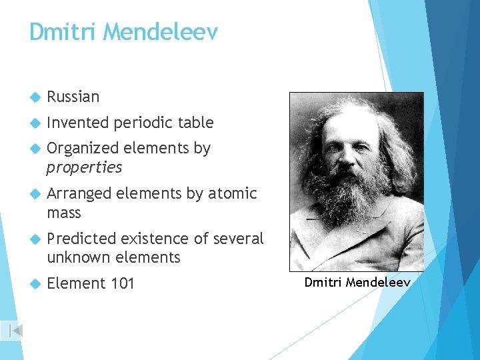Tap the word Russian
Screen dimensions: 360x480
[73, 97]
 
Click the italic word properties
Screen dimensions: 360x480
[84, 167]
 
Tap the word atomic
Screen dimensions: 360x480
[232, 193]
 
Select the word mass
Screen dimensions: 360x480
[64, 213]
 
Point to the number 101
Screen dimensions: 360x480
[123, 283]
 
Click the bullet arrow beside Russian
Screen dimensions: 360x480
[36, 97]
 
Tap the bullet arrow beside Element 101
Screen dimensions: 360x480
[36, 284]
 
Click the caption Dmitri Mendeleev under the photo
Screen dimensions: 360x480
[357, 283]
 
